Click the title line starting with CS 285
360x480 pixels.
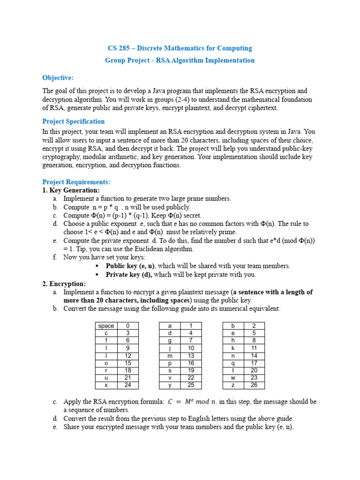(180, 48)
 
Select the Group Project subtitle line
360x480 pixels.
(180, 60)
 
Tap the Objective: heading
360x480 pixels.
(58, 78)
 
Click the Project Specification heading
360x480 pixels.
(74, 121)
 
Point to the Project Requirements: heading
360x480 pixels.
(76, 182)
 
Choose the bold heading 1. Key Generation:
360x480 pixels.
(71, 190)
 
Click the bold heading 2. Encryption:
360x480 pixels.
(64, 284)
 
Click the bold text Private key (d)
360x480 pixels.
(129, 275)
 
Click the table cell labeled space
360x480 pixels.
(106, 326)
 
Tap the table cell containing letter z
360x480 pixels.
(233, 385)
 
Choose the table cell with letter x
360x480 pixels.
(106, 385)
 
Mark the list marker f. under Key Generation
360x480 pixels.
(55, 257)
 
